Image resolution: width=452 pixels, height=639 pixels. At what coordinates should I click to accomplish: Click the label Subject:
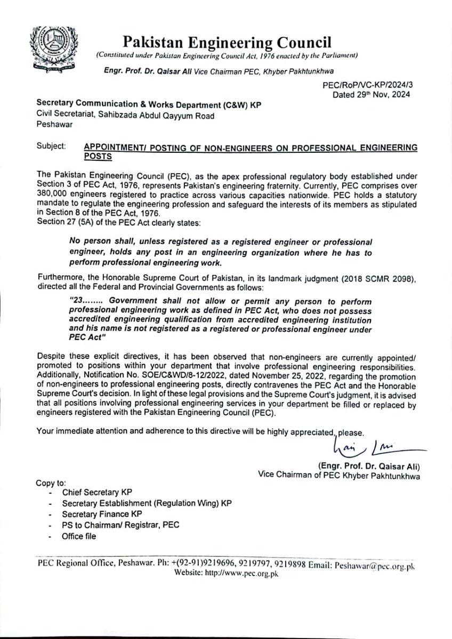click(52, 146)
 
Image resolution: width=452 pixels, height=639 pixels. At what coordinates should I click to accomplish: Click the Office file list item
click(79, 536)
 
